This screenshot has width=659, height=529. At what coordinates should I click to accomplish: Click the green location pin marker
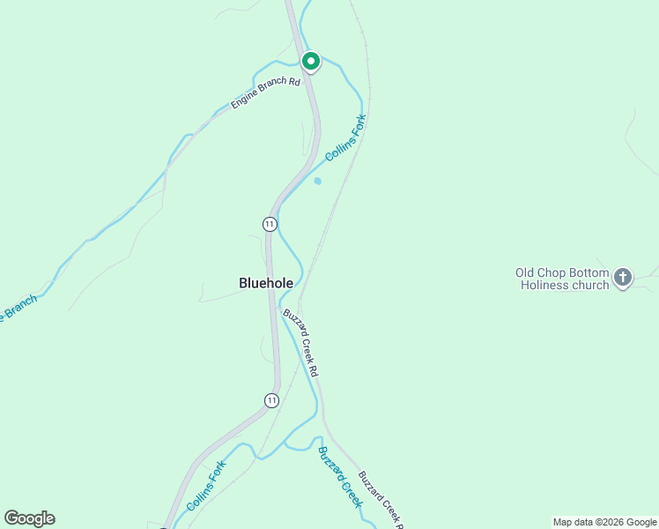(310, 61)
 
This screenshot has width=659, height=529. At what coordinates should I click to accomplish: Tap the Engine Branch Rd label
(266, 93)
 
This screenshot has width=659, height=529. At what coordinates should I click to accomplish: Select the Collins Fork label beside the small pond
(345, 138)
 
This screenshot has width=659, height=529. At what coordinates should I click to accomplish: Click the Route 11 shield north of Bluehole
(270, 224)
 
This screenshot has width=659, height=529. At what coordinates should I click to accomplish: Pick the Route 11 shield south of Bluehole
(271, 400)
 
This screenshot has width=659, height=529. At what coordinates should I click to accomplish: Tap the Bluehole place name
(266, 283)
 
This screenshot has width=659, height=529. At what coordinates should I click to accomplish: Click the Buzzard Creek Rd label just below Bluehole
(300, 343)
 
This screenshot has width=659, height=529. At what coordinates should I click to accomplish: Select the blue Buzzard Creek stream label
(340, 475)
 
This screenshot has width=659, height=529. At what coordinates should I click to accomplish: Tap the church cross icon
(623, 279)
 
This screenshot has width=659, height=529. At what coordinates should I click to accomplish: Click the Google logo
(29, 518)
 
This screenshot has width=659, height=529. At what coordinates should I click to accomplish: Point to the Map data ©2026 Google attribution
(604, 522)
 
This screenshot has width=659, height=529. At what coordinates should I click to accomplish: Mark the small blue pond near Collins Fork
(317, 181)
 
